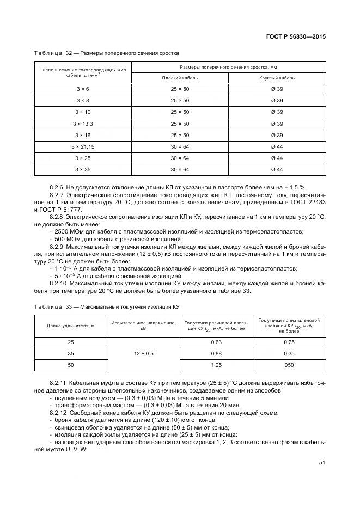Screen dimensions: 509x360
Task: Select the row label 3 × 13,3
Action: (x=83, y=124)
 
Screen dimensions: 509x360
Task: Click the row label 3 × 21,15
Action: (x=83, y=146)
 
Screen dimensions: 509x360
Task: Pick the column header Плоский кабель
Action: (x=180, y=78)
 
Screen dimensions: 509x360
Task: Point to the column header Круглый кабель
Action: (x=277, y=78)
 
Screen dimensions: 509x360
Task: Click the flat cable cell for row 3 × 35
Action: (x=180, y=169)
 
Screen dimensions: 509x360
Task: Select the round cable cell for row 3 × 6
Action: (x=277, y=89)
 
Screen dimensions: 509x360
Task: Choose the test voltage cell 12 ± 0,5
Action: (x=144, y=353)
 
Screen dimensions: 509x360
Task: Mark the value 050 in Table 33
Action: (x=289, y=365)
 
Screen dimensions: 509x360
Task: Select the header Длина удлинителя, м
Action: (x=70, y=326)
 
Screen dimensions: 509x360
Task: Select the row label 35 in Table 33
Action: (x=70, y=353)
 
